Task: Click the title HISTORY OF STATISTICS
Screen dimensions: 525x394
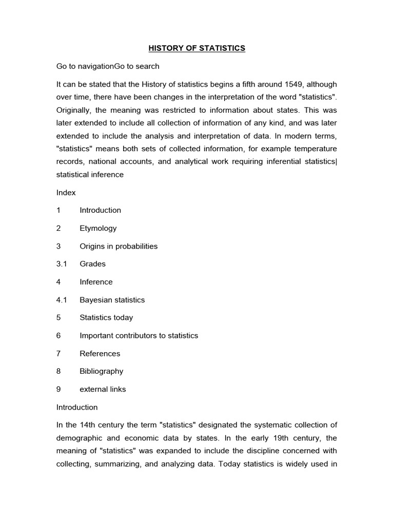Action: click(197, 48)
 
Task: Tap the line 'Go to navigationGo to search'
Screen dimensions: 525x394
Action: click(108, 66)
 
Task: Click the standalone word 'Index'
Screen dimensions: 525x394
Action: click(66, 193)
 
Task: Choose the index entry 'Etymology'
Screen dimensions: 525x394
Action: click(98, 228)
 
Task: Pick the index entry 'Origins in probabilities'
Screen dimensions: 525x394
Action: click(119, 246)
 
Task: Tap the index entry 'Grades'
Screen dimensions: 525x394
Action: click(92, 264)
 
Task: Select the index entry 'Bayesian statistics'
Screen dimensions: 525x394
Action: click(112, 300)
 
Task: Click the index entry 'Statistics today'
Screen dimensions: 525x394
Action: click(106, 317)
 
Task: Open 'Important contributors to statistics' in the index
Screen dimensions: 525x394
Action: click(139, 335)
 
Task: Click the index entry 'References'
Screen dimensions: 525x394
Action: click(100, 353)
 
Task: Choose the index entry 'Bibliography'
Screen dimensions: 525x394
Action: click(101, 371)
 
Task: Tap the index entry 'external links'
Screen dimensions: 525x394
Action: click(103, 389)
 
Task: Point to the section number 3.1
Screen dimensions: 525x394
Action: click(62, 264)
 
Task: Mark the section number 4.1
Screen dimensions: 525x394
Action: click(62, 300)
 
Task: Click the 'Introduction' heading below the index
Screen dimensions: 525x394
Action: click(76, 407)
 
